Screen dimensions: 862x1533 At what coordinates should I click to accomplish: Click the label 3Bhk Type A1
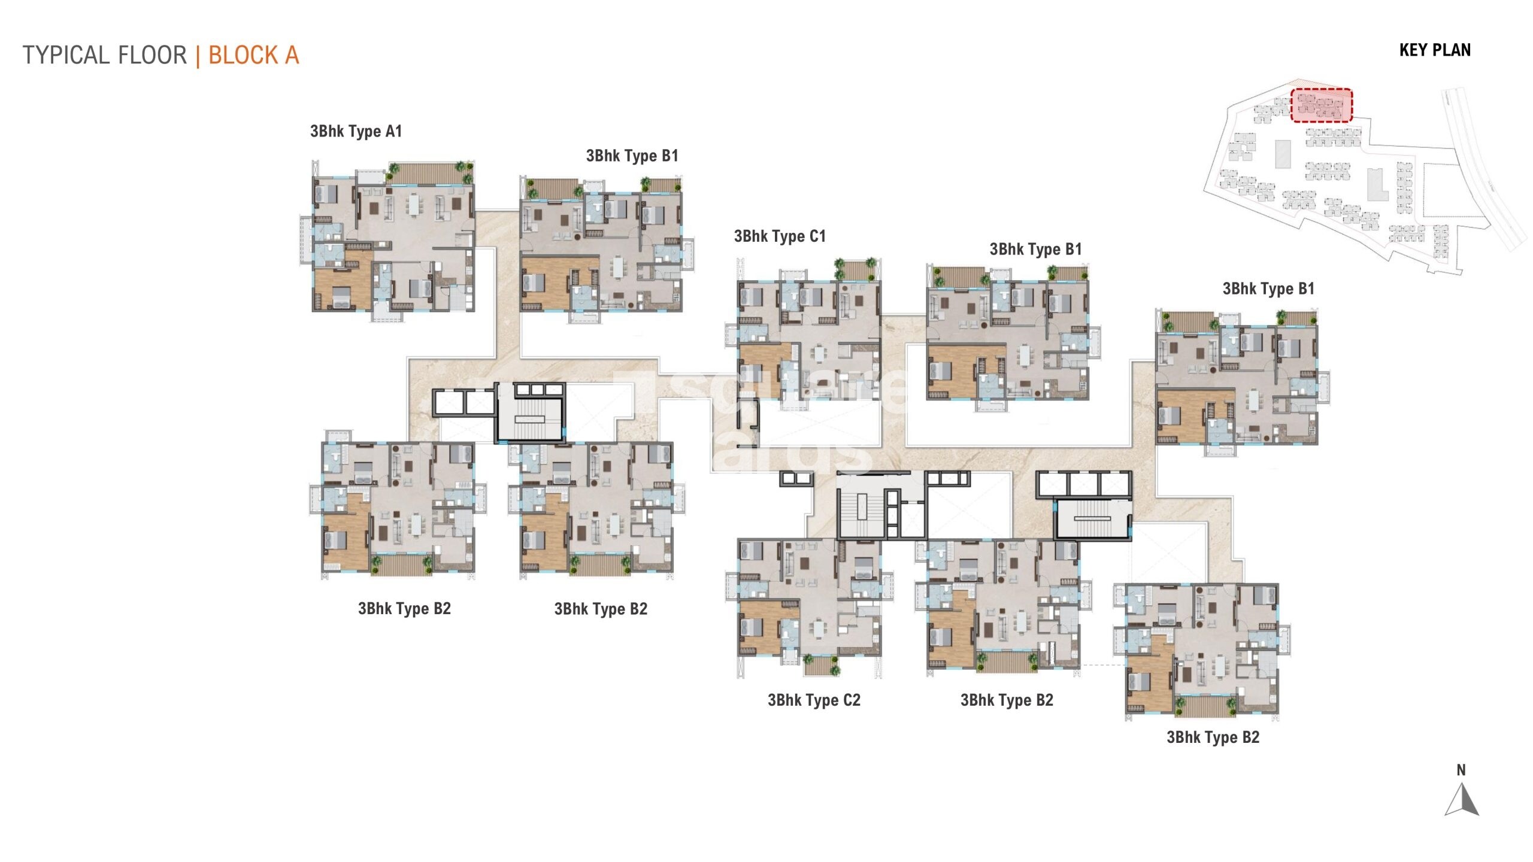[x=356, y=131]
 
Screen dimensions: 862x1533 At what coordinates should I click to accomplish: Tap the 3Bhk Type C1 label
[x=780, y=236]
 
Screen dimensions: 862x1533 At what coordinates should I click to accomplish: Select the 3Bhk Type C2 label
[x=814, y=700]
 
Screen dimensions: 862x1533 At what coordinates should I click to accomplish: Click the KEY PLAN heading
[x=1435, y=50]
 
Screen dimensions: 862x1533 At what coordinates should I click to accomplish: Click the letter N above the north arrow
[x=1461, y=770]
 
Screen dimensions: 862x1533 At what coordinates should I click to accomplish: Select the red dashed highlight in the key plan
[x=1321, y=105]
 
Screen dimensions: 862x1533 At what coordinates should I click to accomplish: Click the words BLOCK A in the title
[x=253, y=56]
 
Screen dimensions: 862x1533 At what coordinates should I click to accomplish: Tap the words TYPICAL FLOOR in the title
[x=105, y=56]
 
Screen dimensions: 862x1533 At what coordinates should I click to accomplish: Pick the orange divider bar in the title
[x=198, y=56]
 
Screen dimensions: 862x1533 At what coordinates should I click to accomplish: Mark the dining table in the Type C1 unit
[x=819, y=353]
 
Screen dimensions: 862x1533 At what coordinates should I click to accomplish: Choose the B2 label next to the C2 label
[x=1007, y=700]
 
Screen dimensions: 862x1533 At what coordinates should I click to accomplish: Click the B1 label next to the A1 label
[x=632, y=156]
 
